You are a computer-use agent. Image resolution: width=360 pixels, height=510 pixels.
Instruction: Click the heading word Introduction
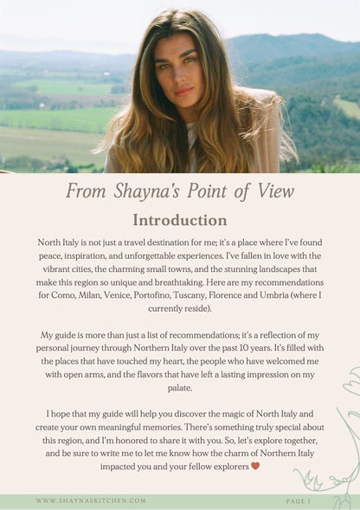point(180,220)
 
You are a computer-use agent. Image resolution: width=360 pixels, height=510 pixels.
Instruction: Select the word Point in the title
point(213,191)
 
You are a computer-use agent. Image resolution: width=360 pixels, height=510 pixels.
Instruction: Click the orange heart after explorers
point(254,466)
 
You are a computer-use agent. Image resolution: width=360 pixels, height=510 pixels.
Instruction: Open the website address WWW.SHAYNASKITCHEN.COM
point(91,500)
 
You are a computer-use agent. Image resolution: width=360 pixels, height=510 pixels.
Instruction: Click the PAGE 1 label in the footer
point(298,500)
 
